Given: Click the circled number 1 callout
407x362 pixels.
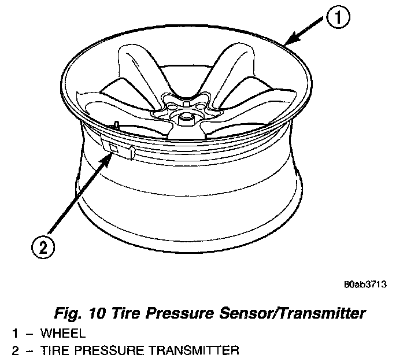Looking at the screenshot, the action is coord(339,19).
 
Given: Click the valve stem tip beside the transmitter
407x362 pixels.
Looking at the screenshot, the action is coord(117,123).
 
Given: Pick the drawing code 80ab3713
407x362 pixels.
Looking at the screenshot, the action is coord(364,285).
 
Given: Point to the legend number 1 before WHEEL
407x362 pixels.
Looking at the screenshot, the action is coord(16,334).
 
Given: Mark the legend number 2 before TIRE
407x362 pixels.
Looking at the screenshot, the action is coord(16,350).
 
